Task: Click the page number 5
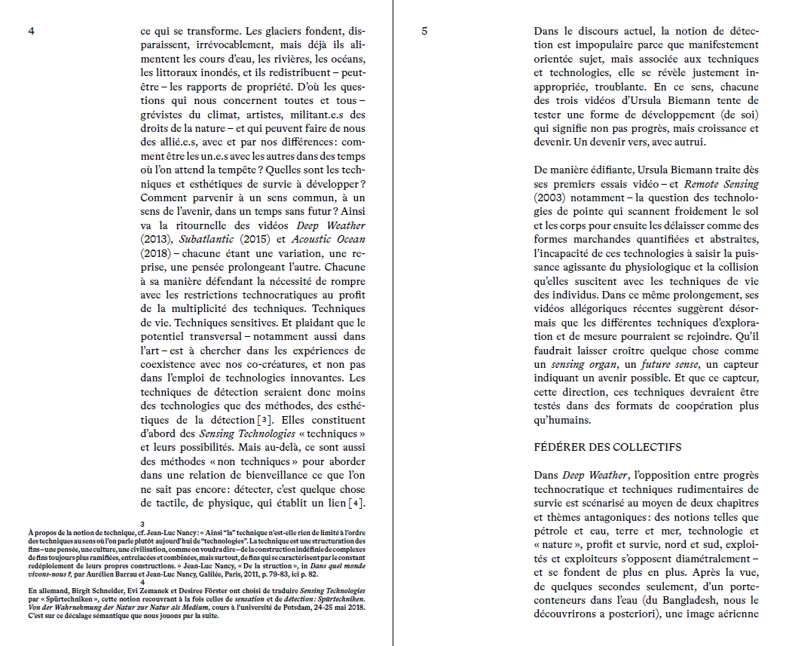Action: (x=424, y=32)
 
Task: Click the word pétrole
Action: (x=552, y=531)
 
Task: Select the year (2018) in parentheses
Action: (x=155, y=253)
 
